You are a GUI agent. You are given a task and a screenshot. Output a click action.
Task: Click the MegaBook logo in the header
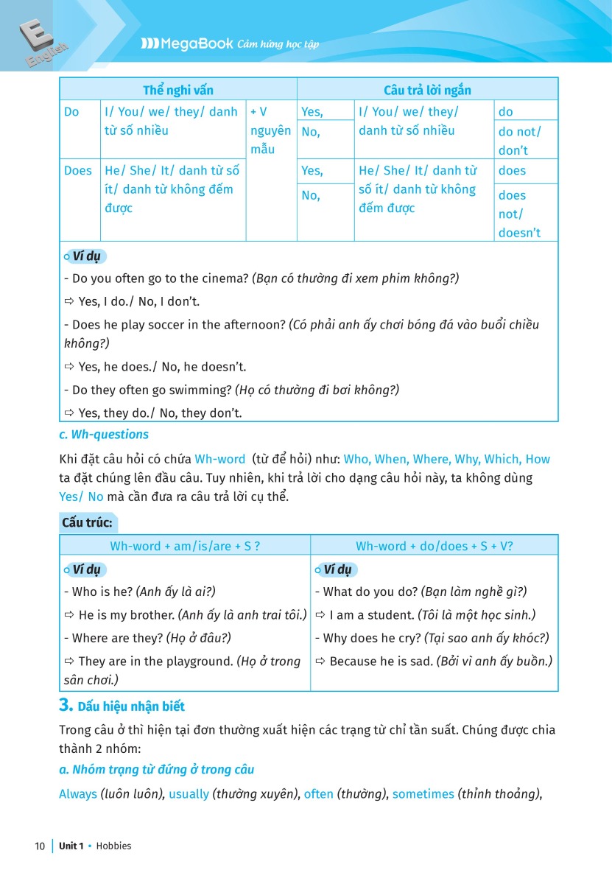coord(187,44)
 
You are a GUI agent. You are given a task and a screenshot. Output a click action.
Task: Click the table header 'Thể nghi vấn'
coord(178,90)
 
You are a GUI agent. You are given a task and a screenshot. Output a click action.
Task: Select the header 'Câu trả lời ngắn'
coord(427,90)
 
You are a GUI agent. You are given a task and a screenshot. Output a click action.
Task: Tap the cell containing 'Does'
coord(78,170)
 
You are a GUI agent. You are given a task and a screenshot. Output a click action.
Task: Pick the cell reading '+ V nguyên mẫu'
coord(270,130)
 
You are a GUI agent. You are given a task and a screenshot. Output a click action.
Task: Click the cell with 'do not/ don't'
coord(520,141)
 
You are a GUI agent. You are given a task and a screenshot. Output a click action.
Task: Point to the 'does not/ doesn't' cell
coord(520,214)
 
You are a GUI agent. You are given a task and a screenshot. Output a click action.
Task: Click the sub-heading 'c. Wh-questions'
coord(104,435)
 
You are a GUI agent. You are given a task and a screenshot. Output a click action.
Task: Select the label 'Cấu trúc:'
coord(88,522)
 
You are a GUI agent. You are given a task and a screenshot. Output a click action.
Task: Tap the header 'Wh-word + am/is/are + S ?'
coord(185,546)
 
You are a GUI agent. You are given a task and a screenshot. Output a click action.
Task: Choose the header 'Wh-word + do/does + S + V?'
coord(435,546)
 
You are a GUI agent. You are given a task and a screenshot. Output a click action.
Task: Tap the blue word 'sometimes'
coord(423,794)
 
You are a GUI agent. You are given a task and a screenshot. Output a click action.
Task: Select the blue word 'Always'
coord(78,794)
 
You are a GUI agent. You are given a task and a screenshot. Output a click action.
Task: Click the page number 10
coord(40,846)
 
